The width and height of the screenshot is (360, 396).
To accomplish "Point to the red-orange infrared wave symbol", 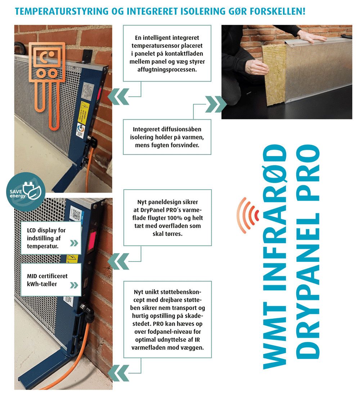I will [x=248, y=215].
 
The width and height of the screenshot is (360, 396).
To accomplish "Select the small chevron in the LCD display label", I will [x=74, y=243].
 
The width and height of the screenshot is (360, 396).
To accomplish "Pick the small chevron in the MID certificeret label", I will [x=74, y=285].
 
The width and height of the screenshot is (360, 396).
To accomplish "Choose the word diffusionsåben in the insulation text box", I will [x=180, y=129].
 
